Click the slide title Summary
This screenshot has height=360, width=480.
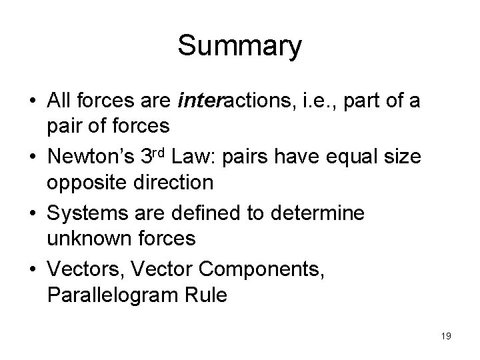240,47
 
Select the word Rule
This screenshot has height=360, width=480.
203,293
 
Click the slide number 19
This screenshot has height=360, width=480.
446,336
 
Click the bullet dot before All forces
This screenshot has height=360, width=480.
32,102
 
